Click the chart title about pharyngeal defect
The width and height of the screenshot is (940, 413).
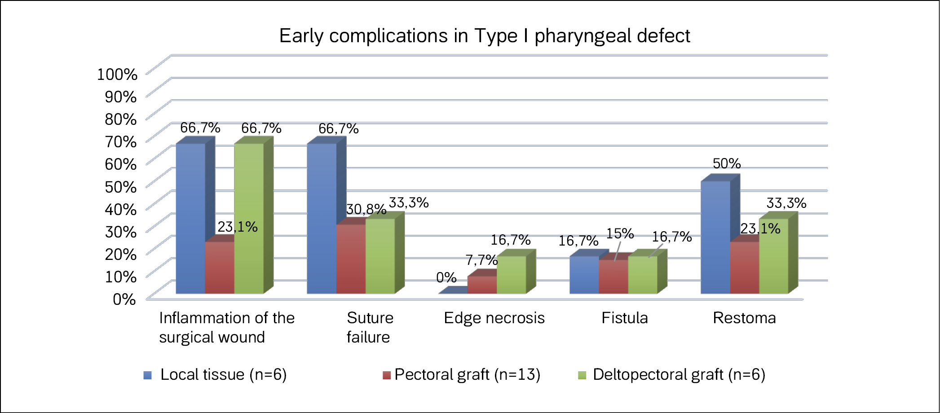485,36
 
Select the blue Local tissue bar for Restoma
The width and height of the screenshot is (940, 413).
715,237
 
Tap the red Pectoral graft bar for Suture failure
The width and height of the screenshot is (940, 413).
351,259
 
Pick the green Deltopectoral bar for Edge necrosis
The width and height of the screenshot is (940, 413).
511,275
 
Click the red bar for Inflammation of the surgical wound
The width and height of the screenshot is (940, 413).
220,268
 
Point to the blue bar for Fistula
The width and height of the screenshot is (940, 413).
584,275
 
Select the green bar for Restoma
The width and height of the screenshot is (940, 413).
773,256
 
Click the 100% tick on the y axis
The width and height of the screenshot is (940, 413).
117,74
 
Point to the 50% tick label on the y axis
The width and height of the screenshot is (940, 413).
121,187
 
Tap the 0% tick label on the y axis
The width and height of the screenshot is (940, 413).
124,299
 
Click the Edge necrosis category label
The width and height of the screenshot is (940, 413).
494,318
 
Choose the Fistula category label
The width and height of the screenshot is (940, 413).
625,318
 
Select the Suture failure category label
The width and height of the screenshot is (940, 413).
370,327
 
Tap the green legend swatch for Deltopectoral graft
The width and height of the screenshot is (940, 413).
582,375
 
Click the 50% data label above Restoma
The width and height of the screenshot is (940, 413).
727,163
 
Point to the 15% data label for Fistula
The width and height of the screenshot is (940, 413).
620,233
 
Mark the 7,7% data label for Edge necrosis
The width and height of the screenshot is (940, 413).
481,260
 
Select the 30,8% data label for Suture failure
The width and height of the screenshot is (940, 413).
366,209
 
